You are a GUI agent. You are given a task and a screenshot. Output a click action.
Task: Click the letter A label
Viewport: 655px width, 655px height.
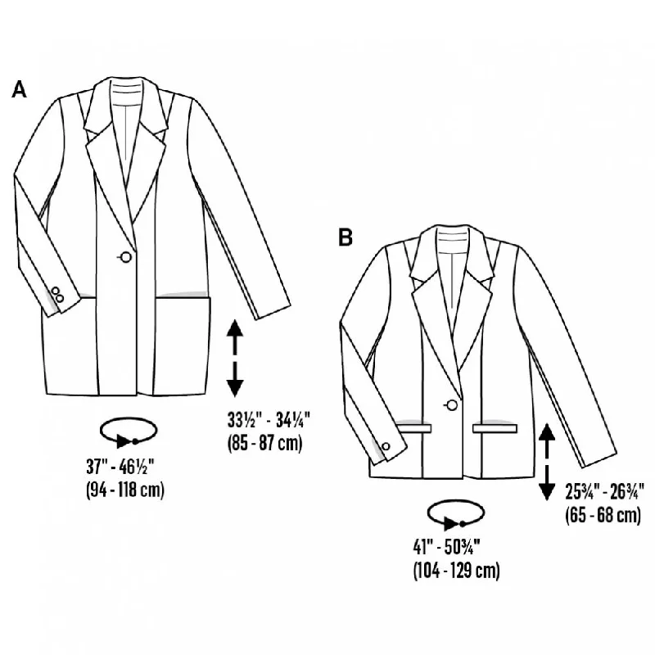tap(19, 89)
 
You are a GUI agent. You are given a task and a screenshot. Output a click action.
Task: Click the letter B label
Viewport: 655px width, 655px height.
tap(346, 237)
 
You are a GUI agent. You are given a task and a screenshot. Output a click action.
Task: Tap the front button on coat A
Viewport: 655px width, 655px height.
tap(125, 257)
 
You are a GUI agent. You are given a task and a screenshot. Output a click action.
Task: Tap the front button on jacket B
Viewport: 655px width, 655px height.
tap(452, 404)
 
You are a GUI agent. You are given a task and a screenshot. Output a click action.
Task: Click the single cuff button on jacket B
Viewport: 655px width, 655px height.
tap(386, 446)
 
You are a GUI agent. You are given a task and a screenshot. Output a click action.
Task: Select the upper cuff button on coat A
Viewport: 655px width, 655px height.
tap(55, 291)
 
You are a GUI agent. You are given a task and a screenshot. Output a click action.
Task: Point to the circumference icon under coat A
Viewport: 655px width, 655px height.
tap(129, 434)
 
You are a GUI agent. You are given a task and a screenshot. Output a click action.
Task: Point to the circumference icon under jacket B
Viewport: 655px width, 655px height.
tap(455, 516)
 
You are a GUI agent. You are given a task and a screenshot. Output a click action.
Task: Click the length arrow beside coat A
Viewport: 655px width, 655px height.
tap(235, 358)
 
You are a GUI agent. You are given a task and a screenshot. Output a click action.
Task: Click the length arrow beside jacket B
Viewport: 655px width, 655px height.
tap(547, 461)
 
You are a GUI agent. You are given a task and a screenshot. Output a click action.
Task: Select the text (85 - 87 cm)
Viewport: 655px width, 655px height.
tap(264, 443)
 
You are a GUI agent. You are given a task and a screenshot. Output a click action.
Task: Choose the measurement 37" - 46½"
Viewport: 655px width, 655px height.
tap(120, 467)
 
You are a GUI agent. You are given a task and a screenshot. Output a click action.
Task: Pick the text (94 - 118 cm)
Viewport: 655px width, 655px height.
tap(125, 490)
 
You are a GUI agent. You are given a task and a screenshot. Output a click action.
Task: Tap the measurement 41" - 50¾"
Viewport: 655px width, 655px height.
tap(447, 546)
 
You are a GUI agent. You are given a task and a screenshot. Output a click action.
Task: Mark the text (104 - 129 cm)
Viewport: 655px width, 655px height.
tap(457, 570)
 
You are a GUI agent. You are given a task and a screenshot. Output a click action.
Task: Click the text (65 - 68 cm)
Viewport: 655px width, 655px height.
tap(603, 515)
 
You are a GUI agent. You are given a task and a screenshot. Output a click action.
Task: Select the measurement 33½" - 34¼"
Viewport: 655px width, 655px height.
tap(269, 420)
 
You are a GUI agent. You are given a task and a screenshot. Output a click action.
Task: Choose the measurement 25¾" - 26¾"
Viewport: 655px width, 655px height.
tap(605, 492)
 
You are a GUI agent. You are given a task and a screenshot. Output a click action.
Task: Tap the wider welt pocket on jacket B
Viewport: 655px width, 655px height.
tap(495, 428)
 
